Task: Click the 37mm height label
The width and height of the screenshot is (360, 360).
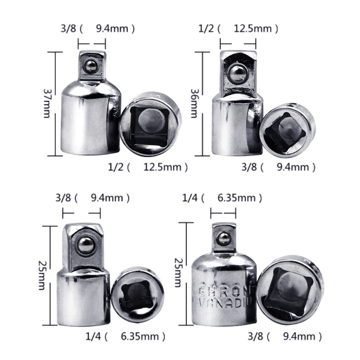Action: coord(47,103)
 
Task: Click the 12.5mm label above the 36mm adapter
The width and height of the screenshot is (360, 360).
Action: coord(253,29)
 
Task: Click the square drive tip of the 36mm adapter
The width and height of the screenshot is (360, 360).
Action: coord(238,70)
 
